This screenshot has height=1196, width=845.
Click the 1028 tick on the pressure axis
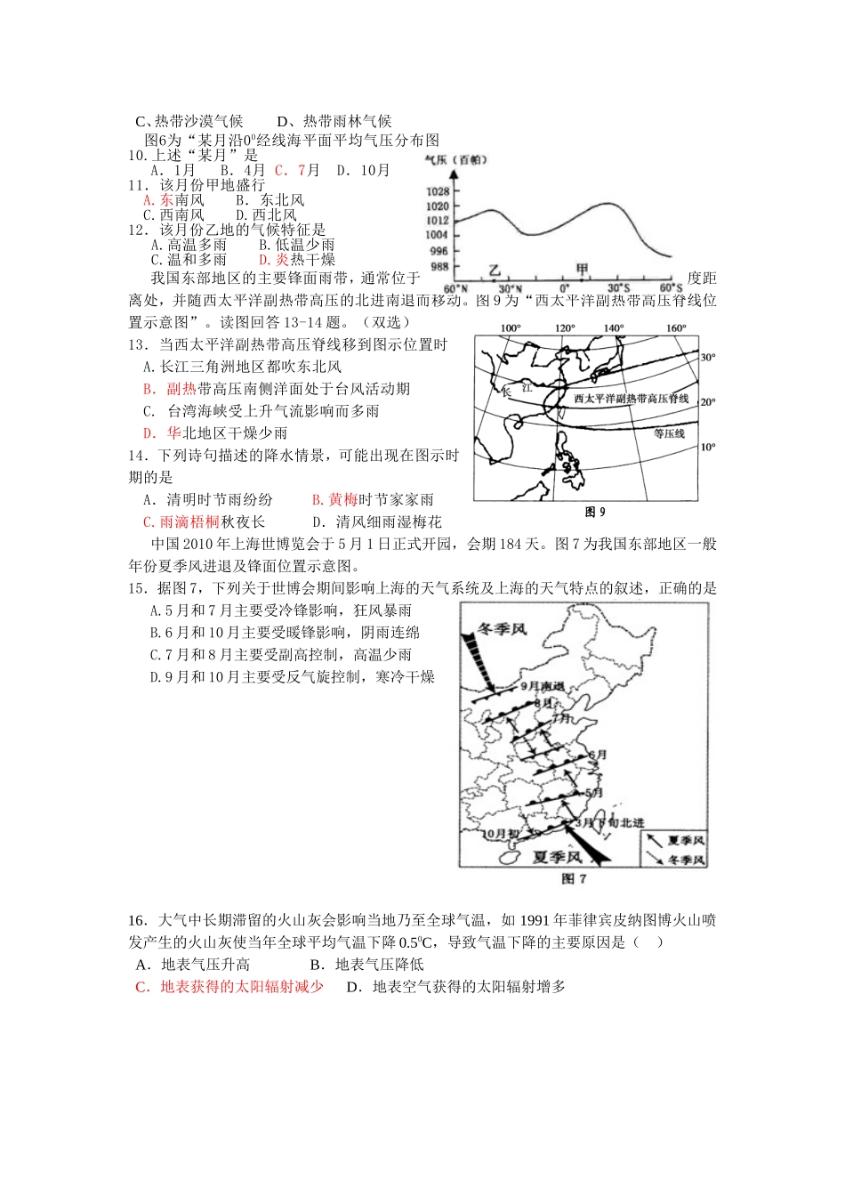click(438, 191)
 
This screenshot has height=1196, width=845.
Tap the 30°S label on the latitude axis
click(618, 288)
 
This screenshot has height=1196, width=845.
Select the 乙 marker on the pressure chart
click(495, 270)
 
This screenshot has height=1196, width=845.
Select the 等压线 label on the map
click(669, 433)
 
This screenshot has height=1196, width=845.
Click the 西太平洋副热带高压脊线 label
click(632, 399)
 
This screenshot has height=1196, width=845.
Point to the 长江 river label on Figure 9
click(517, 390)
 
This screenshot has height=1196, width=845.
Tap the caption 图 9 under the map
click(595, 512)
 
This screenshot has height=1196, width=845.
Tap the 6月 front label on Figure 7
click(599, 755)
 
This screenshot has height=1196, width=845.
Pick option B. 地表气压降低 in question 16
click(366, 965)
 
